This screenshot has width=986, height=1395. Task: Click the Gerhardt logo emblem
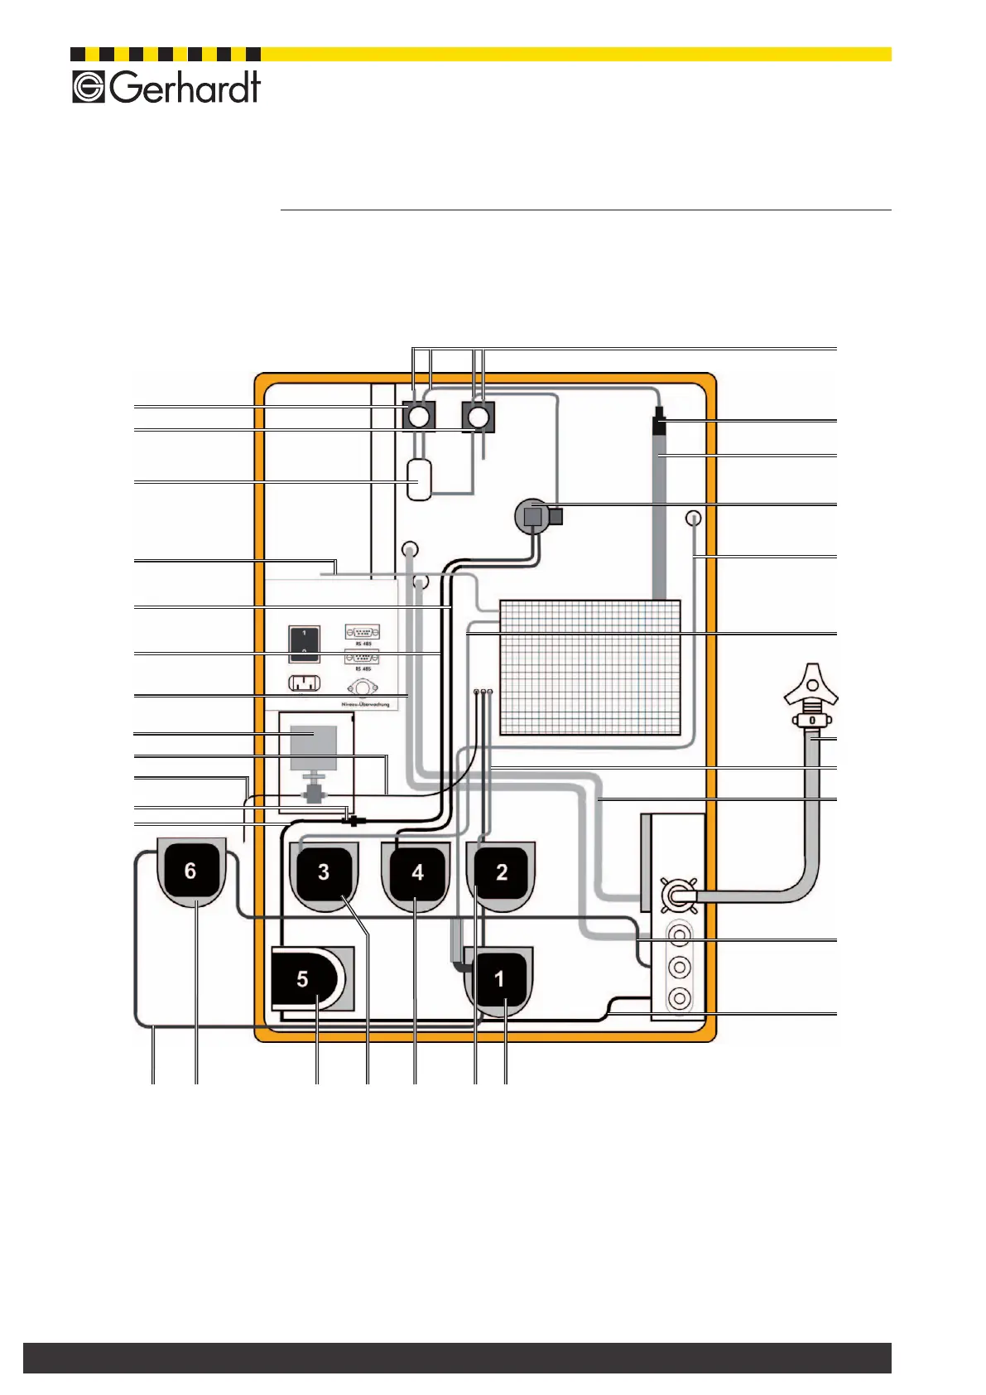(x=88, y=87)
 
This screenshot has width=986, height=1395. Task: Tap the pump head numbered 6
(x=190, y=871)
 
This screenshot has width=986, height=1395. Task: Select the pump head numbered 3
(x=324, y=872)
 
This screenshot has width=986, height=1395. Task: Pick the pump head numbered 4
(x=417, y=873)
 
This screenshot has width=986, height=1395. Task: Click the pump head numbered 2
(x=501, y=872)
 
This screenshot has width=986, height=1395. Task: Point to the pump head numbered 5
(x=304, y=979)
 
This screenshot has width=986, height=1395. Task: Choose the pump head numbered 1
(x=499, y=979)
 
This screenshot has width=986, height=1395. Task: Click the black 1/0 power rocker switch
(x=304, y=644)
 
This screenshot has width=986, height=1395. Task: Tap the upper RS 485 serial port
(x=363, y=633)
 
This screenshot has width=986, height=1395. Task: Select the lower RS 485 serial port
(x=363, y=658)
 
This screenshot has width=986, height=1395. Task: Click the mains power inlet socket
(x=304, y=684)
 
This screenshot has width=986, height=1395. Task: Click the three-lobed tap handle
(x=810, y=685)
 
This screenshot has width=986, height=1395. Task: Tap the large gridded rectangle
(x=589, y=667)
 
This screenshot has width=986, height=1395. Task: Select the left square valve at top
(x=419, y=416)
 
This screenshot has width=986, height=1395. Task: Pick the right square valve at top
(x=478, y=416)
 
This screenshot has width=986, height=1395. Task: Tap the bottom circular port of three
(x=679, y=998)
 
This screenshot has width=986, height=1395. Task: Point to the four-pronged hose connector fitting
(x=680, y=895)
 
